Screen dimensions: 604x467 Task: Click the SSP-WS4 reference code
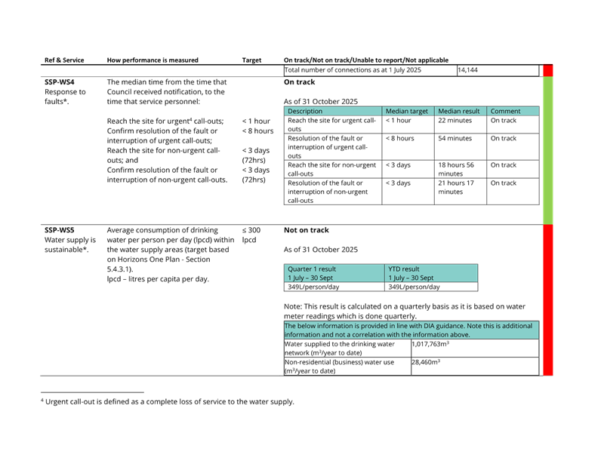point(60,82)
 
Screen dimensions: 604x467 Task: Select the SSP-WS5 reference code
point(60,230)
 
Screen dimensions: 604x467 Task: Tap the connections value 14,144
point(467,70)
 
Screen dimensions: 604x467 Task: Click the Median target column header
point(407,111)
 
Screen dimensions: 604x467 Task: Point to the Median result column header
point(459,111)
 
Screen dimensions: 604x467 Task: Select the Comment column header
point(505,111)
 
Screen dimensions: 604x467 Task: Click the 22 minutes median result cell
point(455,121)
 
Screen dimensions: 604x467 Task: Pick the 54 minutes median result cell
point(455,138)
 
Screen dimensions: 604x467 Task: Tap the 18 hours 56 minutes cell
point(456,170)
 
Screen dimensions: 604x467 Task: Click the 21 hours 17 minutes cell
point(456,188)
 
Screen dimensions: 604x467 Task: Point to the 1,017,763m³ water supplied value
point(430,344)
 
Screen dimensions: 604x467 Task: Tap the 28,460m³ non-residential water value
point(426,362)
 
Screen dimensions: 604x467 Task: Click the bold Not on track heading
point(307,230)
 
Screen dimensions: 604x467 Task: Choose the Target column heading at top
point(251,60)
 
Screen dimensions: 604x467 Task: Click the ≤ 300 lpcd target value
point(251,235)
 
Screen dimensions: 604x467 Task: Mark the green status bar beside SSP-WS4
point(548,150)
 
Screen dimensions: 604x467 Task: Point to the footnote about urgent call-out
point(168,401)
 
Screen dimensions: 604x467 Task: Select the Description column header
point(305,111)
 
